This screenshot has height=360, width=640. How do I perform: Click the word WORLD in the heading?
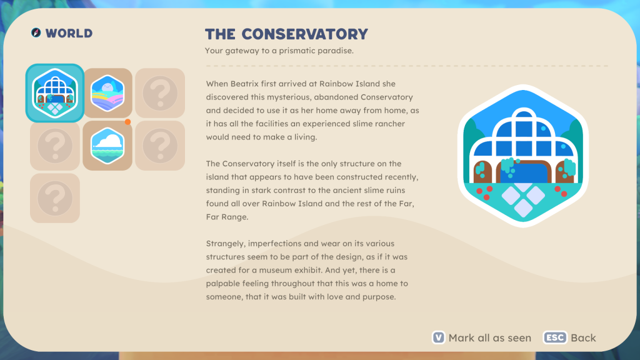click(69, 33)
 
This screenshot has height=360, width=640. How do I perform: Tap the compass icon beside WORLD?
click(36, 32)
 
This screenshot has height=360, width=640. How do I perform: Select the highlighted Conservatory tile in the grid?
click(55, 93)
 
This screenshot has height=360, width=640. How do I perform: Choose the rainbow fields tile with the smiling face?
click(107, 93)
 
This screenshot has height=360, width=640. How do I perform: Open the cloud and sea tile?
click(107, 145)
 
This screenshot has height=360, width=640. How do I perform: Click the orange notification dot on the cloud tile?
click(127, 122)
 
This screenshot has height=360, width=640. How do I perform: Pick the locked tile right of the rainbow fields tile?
click(160, 93)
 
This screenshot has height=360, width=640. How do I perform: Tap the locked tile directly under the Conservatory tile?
click(55, 145)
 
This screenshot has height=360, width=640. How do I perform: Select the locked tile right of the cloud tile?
click(160, 145)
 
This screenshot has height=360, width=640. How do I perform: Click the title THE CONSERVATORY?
click(286, 34)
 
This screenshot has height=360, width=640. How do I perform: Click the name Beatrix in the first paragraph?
click(244, 84)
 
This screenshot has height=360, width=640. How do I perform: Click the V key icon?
click(438, 337)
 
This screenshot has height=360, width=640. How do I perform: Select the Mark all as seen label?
click(490, 338)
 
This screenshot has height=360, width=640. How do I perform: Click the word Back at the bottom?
click(583, 338)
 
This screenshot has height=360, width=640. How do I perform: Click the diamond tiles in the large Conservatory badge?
click(523, 200)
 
